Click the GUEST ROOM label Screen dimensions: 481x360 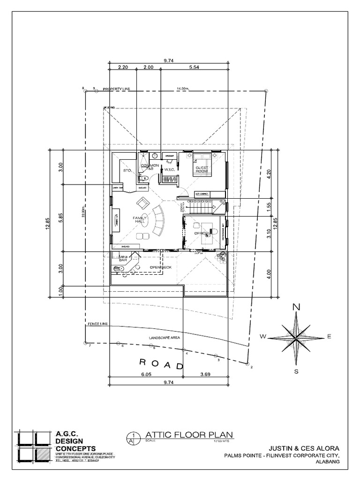[x=202, y=169]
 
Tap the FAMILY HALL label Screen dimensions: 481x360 [x=140, y=221]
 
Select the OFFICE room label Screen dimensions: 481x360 [x=201, y=233]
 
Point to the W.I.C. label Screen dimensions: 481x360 [x=169, y=170]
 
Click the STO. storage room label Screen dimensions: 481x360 [x=127, y=171]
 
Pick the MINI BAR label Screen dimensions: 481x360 [x=123, y=258]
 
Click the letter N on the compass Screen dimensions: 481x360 [x=296, y=307]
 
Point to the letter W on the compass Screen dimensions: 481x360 [x=263, y=336]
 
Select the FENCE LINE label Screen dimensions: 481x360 [x=97, y=325]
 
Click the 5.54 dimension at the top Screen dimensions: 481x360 [x=194, y=68]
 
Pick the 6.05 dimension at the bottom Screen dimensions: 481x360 [x=145, y=374]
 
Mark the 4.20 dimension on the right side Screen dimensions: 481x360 [x=269, y=175]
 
